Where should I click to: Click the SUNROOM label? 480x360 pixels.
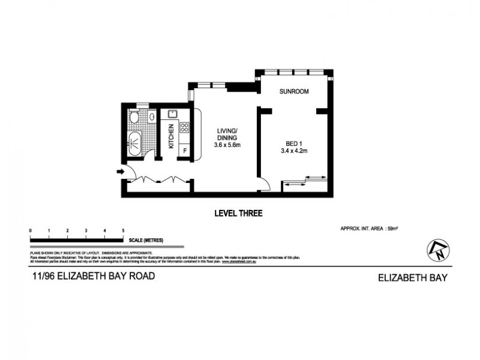point(294,92)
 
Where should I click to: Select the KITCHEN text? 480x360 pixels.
point(171,136)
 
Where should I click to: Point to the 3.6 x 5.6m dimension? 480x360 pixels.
point(227,145)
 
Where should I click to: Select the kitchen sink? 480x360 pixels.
point(172,112)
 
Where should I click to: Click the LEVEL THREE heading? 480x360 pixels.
point(238,213)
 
